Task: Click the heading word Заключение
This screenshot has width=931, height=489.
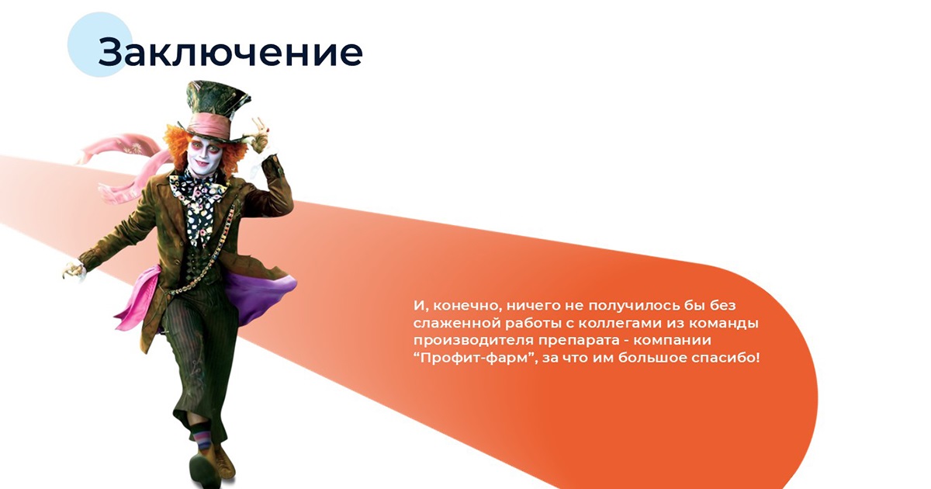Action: (x=230, y=53)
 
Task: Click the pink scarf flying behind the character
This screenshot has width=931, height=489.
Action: (x=125, y=166)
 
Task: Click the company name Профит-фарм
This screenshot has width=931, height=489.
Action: (x=474, y=358)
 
